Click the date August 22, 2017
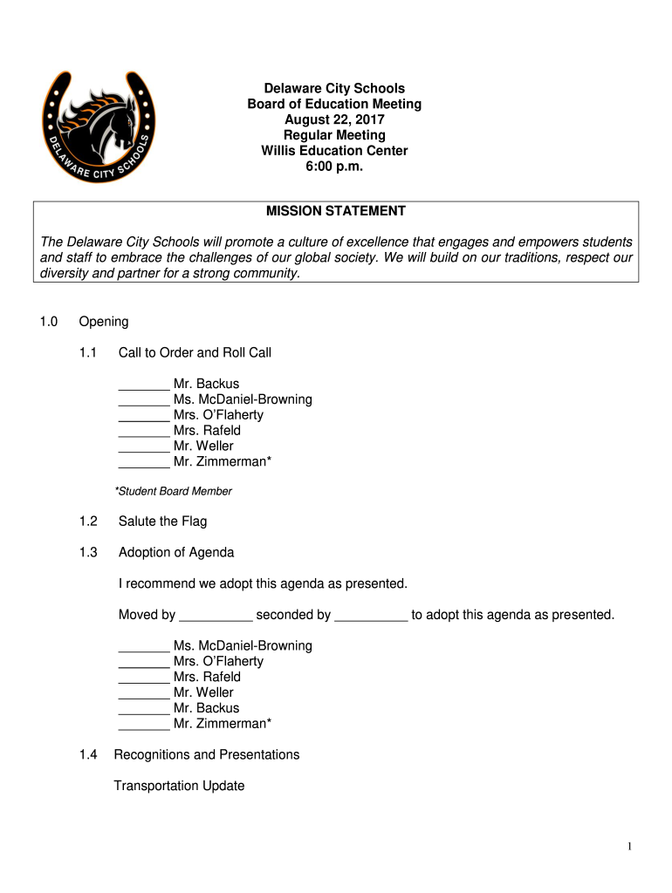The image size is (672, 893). point(334,119)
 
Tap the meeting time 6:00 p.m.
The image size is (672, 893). point(334,167)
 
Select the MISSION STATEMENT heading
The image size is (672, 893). point(335,211)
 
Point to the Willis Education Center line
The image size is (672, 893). point(334,151)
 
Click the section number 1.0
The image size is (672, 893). point(48,322)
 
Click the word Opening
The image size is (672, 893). point(104,322)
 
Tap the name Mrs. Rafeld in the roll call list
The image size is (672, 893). point(207,431)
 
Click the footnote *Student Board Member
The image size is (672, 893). point(174,491)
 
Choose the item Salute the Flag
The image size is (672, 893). point(162,521)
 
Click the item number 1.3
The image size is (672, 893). point(86,552)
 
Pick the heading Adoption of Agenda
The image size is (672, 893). point(176,552)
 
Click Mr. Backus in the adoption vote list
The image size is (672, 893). point(206,708)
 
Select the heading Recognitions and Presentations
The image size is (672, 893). point(207,754)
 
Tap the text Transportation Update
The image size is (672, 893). point(179,786)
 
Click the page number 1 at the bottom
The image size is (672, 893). point(629,847)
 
